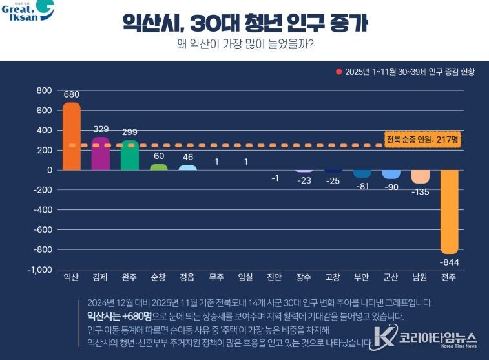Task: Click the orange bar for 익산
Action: click(x=71, y=136)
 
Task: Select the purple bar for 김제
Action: click(x=101, y=154)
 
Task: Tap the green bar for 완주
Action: click(x=129, y=155)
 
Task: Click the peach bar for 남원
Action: click(x=420, y=176)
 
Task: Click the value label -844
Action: click(x=449, y=261)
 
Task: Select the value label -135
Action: click(x=420, y=191)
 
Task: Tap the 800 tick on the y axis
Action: click(x=45, y=90)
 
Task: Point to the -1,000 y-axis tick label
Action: click(x=40, y=270)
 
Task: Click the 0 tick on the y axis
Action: click(x=49, y=170)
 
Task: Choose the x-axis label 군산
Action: click(x=391, y=277)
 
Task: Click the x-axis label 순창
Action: click(x=158, y=277)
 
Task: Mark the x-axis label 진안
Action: click(x=275, y=277)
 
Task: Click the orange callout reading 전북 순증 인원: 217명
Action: click(x=422, y=140)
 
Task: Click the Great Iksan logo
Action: click(x=27, y=12)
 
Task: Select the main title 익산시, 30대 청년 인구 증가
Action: click(x=245, y=23)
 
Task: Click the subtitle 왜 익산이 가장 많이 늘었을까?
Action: click(x=245, y=45)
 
